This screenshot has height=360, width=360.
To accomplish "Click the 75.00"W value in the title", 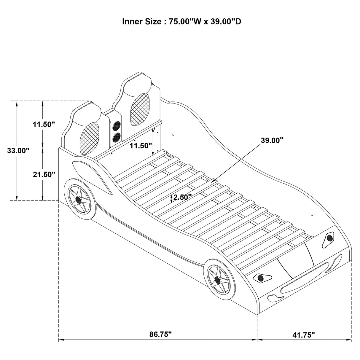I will point(186,22).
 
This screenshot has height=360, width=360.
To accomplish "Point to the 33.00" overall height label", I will point(18,150).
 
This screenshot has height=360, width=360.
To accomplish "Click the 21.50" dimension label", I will point(44,174).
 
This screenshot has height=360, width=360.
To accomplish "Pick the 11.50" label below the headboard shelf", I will point(141,146).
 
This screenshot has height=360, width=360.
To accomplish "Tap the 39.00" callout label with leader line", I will point(272,140).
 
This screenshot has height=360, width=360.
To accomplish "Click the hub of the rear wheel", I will point(79,200).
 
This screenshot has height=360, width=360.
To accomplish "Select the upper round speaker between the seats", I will point(117,126).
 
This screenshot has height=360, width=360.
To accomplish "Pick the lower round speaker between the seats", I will point(117,137).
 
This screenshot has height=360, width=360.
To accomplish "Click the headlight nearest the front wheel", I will point(262,278).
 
